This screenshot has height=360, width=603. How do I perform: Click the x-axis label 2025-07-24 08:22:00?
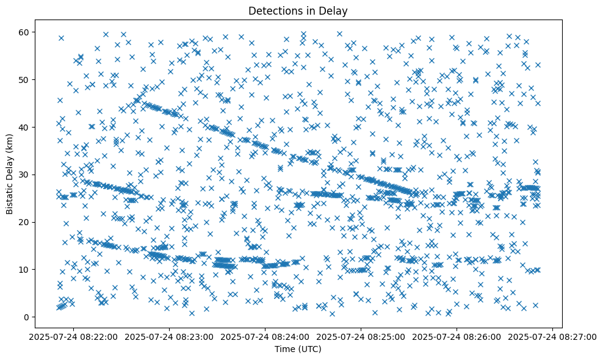(74, 336)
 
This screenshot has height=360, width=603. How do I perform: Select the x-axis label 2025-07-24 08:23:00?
(170, 336)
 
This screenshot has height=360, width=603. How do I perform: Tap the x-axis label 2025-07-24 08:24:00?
(266, 336)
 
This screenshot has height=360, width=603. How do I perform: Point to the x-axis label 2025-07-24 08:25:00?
(361, 336)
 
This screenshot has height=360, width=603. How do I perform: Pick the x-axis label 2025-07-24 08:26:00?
(457, 336)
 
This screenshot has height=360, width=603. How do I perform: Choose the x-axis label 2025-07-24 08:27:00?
(553, 336)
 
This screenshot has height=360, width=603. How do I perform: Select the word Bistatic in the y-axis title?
(10, 196)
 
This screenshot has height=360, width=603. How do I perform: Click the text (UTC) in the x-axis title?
(311, 350)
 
